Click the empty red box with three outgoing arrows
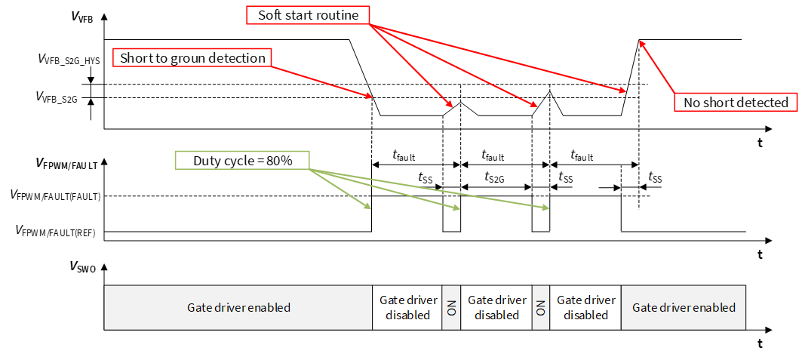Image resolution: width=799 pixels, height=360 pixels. [x=308, y=15]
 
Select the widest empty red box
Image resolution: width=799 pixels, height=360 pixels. [x=192, y=57]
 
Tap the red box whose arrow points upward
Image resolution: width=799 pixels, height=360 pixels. [x=735, y=102]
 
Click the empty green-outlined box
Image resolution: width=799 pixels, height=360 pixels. [x=242, y=160]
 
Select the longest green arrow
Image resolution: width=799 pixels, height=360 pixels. [x=430, y=188]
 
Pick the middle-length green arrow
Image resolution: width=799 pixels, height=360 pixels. [x=385, y=189]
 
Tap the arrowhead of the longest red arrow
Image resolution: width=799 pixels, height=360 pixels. [x=623, y=91]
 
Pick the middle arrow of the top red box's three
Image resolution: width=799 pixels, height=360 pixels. [x=453, y=65]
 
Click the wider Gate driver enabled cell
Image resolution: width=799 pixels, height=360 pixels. [x=238, y=308]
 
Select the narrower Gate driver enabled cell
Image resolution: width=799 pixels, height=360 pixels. [x=683, y=308]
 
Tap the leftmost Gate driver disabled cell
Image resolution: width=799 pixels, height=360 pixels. [x=407, y=308]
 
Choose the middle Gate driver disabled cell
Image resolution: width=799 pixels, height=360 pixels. [x=496, y=308]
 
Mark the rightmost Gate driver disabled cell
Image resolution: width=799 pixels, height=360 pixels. [x=585, y=308]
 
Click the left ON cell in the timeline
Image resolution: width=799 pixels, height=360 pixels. [x=452, y=308]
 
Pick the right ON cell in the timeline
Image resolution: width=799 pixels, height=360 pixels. [x=541, y=308]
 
